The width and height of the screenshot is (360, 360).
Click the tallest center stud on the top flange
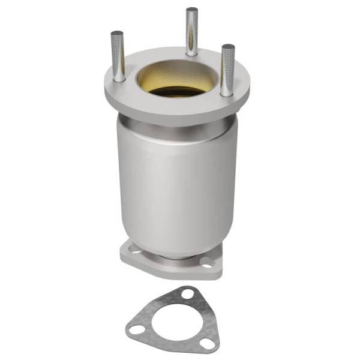coord(191,33)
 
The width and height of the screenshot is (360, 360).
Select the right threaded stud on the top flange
coord(227,69)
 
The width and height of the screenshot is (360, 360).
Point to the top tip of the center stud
coord(191,10)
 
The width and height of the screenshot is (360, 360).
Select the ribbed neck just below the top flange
coord(174,130)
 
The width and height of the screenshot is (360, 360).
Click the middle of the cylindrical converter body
coord(174,186)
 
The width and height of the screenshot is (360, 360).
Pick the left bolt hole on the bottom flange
coord(128,248)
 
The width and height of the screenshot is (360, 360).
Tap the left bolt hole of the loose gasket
coord(136,329)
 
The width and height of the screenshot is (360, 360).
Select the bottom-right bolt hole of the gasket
coord(207,344)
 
